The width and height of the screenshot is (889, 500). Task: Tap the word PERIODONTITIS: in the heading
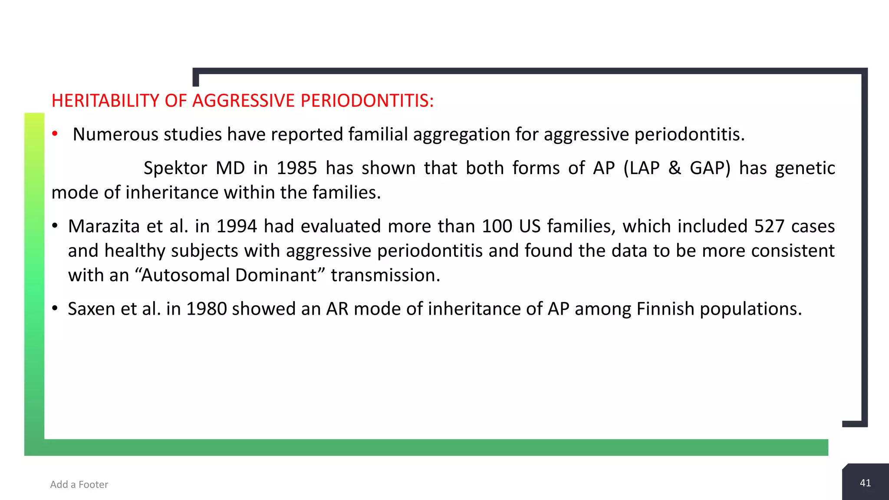click(x=367, y=101)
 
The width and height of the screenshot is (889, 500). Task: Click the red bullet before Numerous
click(x=55, y=134)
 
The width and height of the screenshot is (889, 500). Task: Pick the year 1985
click(x=297, y=168)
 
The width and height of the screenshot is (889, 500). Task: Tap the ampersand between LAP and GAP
click(x=675, y=168)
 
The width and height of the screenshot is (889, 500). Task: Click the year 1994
click(x=237, y=226)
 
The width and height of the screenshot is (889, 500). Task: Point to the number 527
click(x=769, y=226)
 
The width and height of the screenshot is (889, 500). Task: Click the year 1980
click(x=206, y=309)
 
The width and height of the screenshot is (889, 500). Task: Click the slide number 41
click(x=865, y=483)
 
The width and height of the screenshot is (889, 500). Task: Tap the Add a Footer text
click(x=79, y=484)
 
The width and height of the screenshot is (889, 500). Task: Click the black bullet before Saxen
click(x=55, y=308)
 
